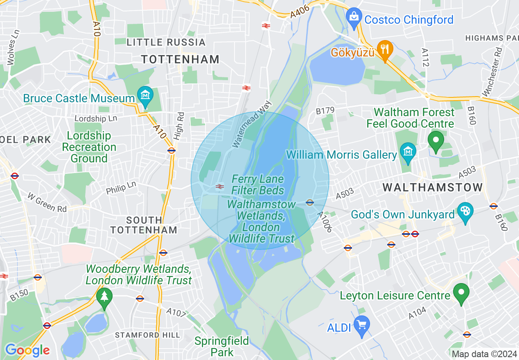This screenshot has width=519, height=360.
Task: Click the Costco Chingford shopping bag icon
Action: (352, 17)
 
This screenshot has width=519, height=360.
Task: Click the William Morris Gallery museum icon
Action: (408, 151)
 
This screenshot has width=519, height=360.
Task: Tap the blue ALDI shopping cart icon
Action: (361, 325)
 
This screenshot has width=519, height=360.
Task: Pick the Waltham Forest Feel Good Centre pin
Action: (436, 140)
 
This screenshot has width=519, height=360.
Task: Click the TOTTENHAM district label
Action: (181, 59)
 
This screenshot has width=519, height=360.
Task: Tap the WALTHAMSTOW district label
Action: (433, 187)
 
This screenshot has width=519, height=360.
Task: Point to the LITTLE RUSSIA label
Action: (166, 42)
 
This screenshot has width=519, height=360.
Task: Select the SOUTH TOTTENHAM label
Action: (144, 225)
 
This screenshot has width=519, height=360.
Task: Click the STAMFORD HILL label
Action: (147, 335)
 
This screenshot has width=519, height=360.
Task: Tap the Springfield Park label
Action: (221, 346)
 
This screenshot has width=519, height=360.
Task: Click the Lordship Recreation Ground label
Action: (89, 147)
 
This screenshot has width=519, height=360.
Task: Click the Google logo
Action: (27, 350)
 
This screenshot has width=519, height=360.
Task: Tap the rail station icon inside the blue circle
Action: (220, 187)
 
